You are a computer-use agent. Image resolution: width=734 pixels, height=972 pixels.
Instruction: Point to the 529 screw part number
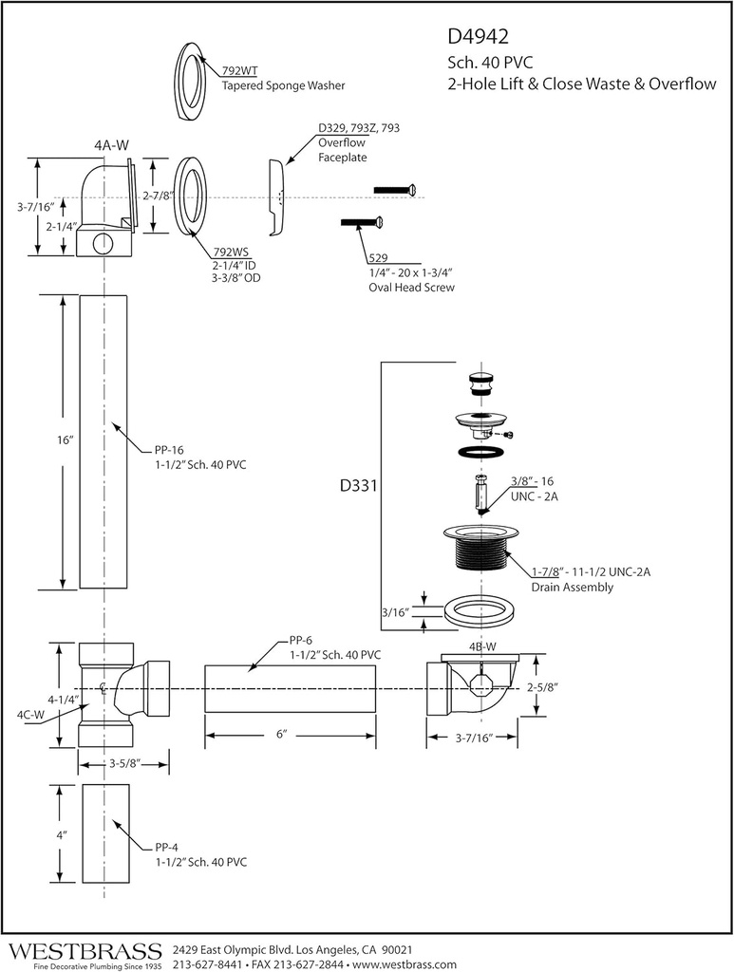tap(377, 257)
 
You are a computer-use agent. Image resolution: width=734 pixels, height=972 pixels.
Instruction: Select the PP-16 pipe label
tap(171, 451)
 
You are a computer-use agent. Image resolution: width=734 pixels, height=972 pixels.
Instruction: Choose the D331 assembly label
tap(359, 487)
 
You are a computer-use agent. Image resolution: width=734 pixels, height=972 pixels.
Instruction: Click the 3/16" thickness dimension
tap(394, 612)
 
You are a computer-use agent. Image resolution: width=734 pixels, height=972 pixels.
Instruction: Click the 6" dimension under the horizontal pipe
tap(281, 735)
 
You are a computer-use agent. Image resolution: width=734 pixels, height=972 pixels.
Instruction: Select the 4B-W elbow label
tap(483, 647)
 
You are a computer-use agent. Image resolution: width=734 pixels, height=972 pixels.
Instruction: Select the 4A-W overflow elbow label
tap(111, 145)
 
